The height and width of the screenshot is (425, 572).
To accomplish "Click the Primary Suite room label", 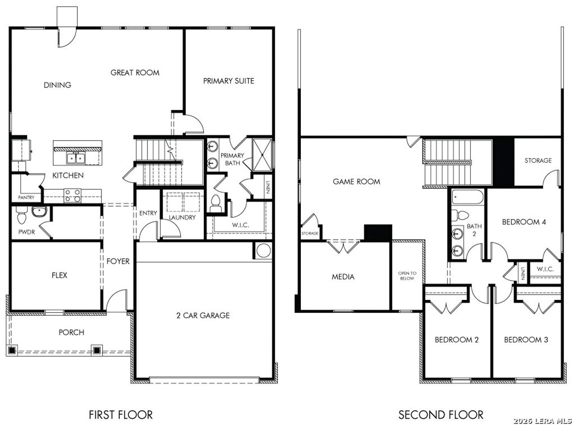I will [228, 81].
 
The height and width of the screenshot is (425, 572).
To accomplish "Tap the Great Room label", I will [135, 72].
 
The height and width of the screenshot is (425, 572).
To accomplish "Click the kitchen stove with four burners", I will [73, 196].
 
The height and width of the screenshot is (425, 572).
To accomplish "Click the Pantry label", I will [26, 197].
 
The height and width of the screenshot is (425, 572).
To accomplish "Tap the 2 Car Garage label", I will [203, 316].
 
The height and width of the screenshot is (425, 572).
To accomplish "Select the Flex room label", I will [59, 275].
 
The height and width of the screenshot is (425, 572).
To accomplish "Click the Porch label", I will [71, 333].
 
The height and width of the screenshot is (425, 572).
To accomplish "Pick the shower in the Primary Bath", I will [262, 154].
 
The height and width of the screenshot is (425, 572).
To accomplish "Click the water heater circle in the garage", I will [264, 251].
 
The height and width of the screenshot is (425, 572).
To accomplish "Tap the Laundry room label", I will [182, 217].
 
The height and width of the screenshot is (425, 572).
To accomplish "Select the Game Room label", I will [356, 182].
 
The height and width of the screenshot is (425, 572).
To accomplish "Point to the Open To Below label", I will [407, 275].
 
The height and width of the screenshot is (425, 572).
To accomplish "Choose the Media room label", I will [343, 277].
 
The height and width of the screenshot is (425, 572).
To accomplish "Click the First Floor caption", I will [121, 415].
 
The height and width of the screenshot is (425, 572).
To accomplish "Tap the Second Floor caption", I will [441, 415].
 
